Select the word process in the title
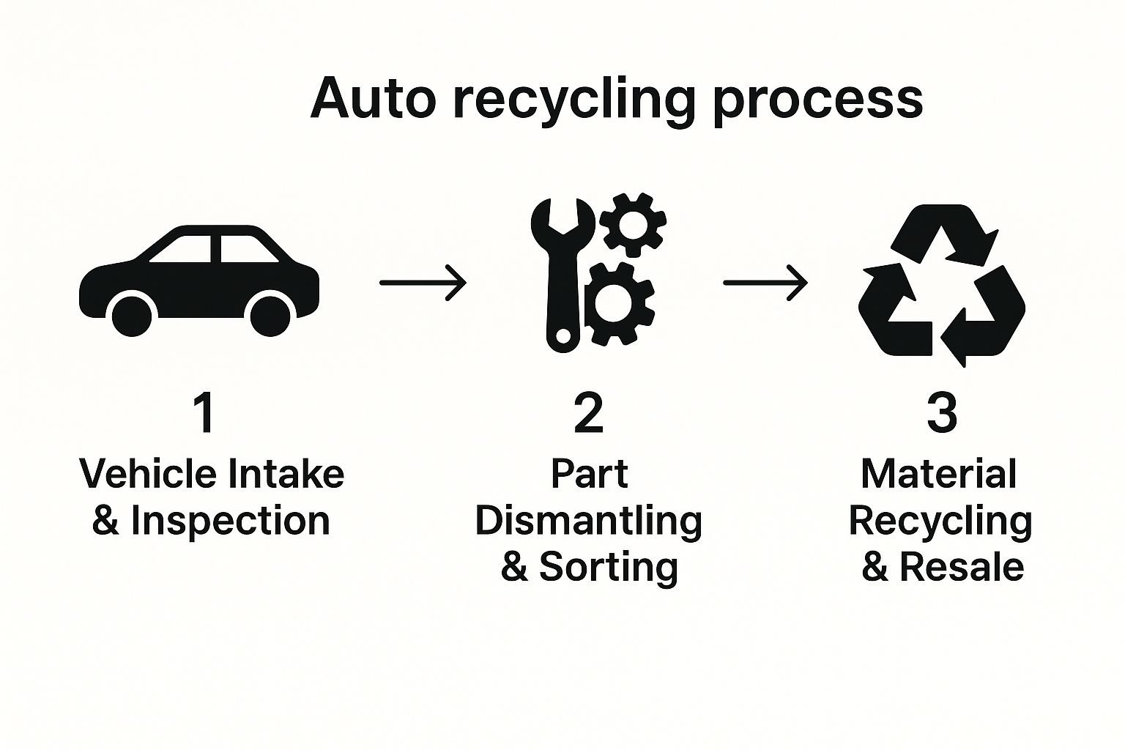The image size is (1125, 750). tap(817, 101)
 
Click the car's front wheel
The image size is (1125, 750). tap(133, 316)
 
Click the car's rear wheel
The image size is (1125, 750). tap(271, 316)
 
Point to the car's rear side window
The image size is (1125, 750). tap(248, 250)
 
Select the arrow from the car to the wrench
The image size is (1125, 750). tap(423, 282)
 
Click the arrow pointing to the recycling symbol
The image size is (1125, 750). tap(765, 282)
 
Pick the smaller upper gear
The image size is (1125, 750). tap(633, 226)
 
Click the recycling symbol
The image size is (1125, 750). tap(941, 286)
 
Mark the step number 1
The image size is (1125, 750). tap(204, 413)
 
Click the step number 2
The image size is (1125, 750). tap(588, 413)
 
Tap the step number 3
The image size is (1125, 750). tap(942, 413)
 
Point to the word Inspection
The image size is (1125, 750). tap(230, 521)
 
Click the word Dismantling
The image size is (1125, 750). tap(589, 521)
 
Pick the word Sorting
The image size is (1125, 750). tap(608, 568)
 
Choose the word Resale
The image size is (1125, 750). tap(961, 568)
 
